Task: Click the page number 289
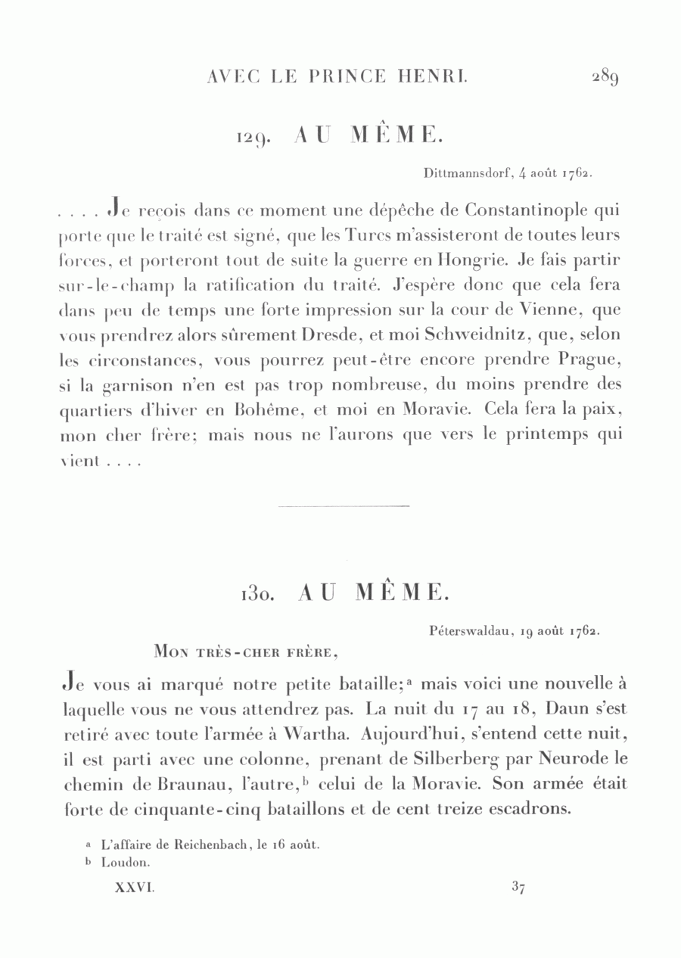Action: (x=606, y=77)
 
